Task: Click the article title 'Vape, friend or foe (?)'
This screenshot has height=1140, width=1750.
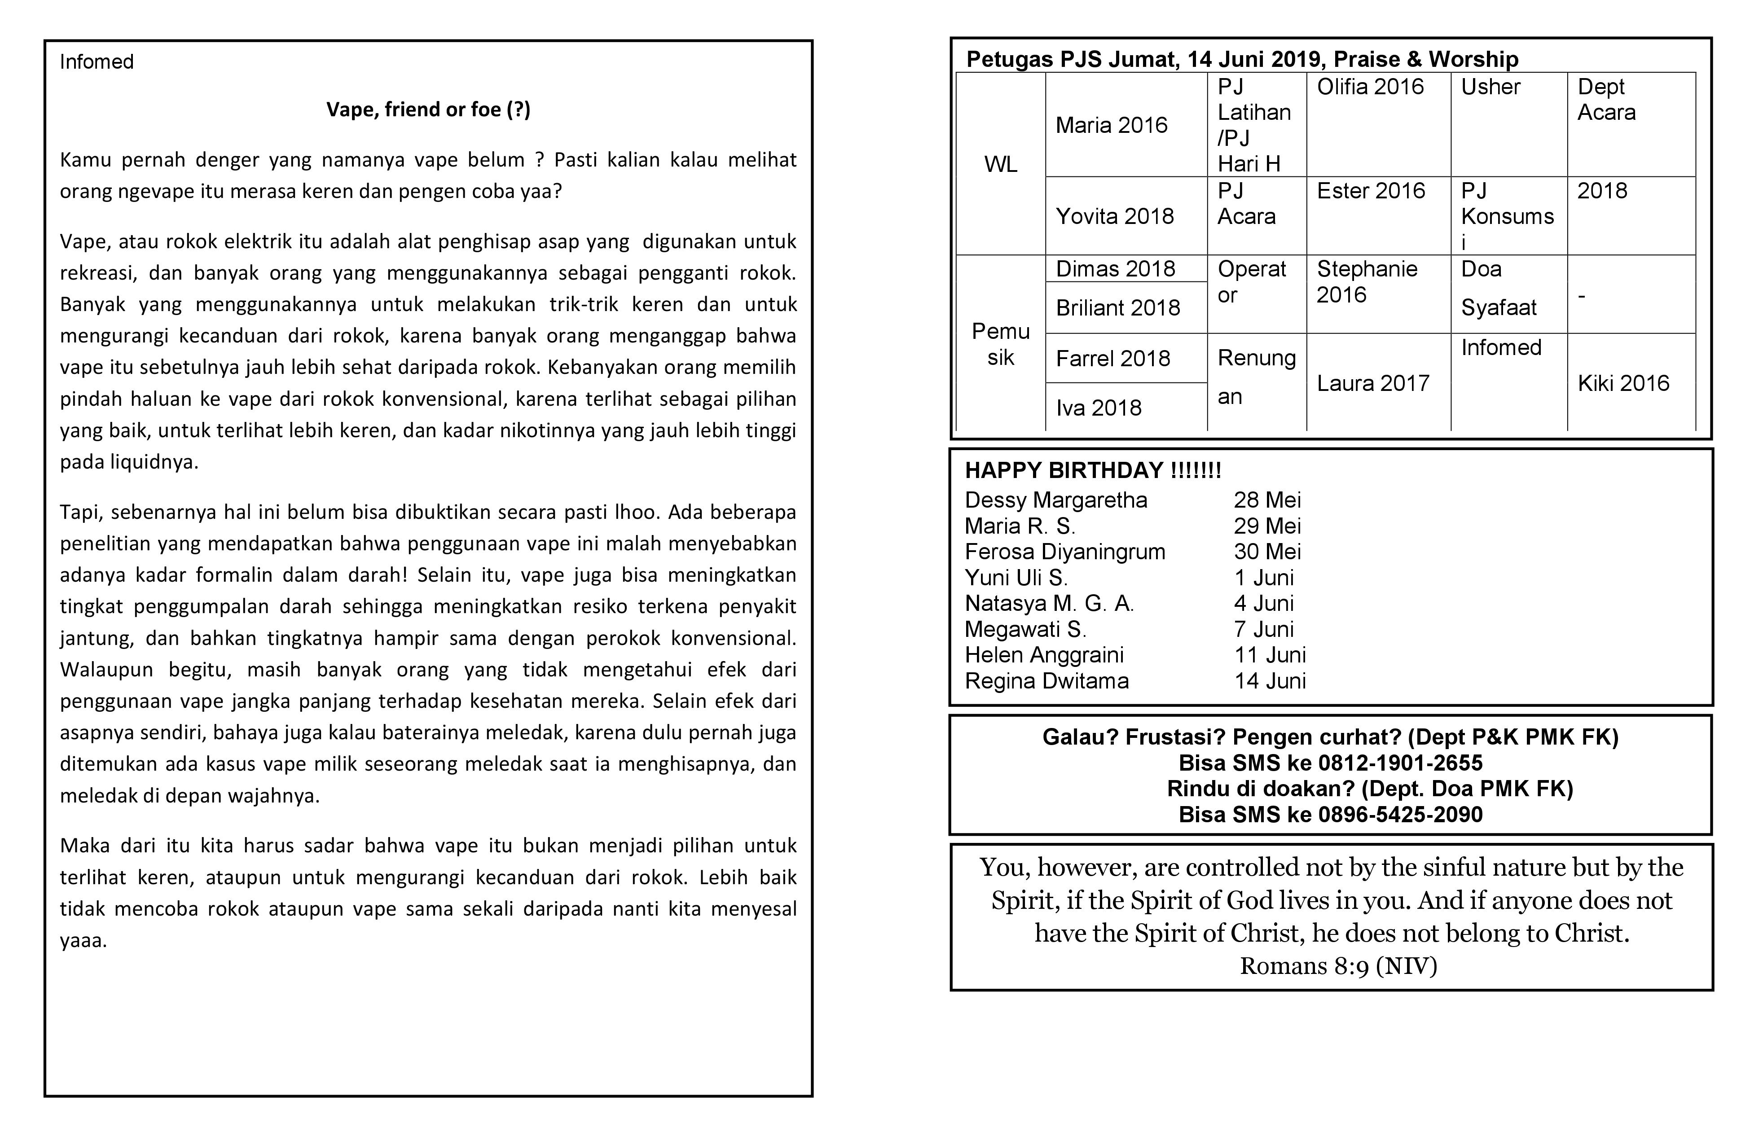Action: [428, 110]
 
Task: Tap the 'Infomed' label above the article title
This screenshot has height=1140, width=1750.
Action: [97, 62]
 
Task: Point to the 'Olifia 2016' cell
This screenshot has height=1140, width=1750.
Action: [1370, 87]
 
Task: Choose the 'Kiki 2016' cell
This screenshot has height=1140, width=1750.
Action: [1623, 383]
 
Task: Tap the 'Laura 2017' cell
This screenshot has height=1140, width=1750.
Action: [1372, 383]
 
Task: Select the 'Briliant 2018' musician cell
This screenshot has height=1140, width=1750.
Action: [1117, 307]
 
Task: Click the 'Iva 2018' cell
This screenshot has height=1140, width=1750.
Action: [1099, 408]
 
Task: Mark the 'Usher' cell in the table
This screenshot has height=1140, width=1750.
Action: [1490, 87]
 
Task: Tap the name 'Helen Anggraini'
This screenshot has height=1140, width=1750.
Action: [1044, 655]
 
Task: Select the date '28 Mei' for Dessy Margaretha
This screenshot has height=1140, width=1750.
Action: [1267, 500]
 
